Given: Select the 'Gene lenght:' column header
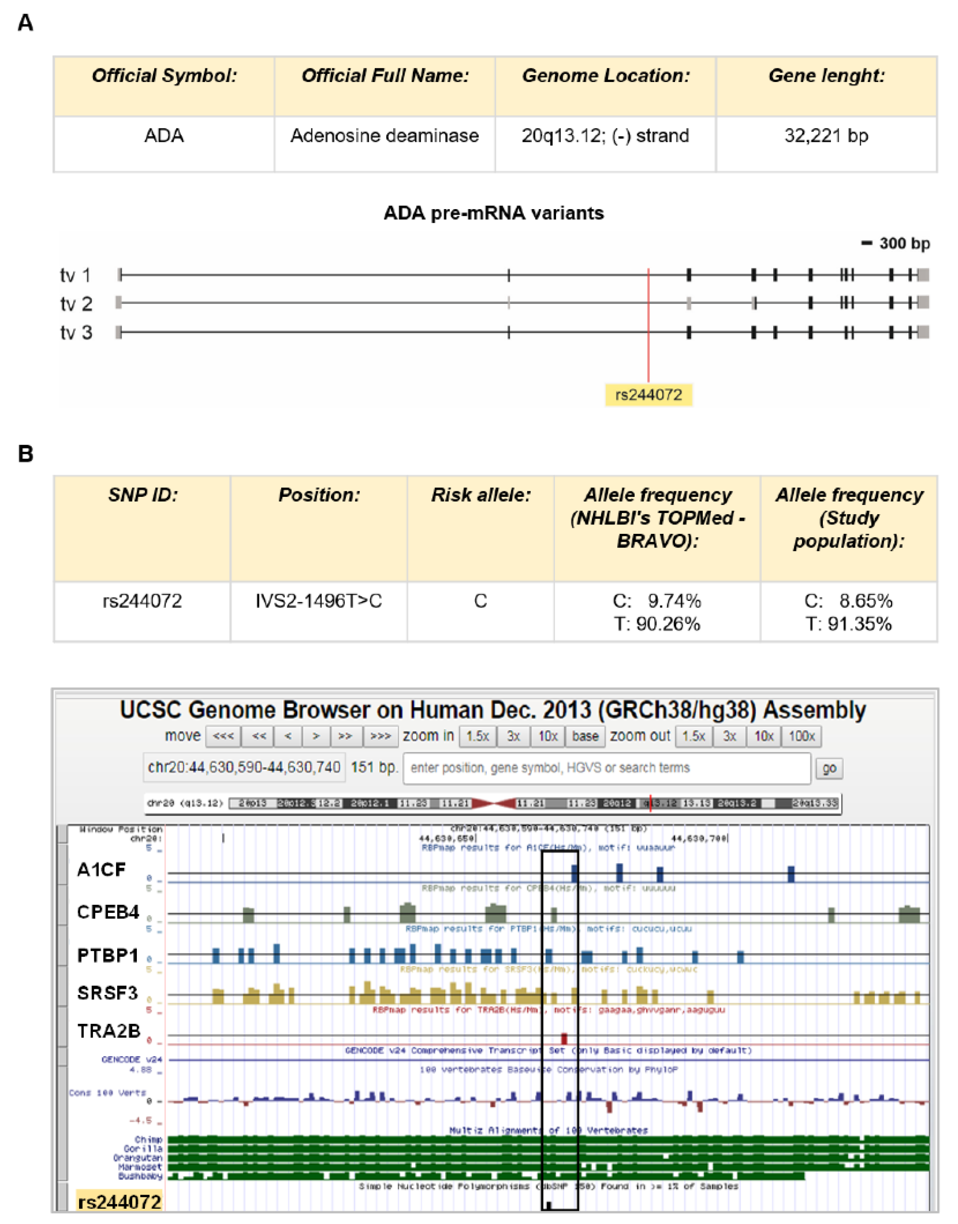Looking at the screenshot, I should pos(826,76).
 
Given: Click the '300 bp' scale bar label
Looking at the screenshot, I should pos(904,244).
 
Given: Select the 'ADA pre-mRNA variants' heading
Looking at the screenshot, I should pos(494,213).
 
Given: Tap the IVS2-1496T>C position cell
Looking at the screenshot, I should pos(319,601).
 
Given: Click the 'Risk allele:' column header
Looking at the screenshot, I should pos(480,495).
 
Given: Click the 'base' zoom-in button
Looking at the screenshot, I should pos(585,736).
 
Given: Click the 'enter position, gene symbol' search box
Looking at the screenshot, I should pos(607,768).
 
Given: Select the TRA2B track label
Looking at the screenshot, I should pos(108,1031).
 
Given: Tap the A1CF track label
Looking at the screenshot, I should pos(102,870).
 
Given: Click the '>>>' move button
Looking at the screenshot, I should pos(380,736).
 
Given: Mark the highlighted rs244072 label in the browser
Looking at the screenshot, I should pos(119,1203).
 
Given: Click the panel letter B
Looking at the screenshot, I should pos(26,454).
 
